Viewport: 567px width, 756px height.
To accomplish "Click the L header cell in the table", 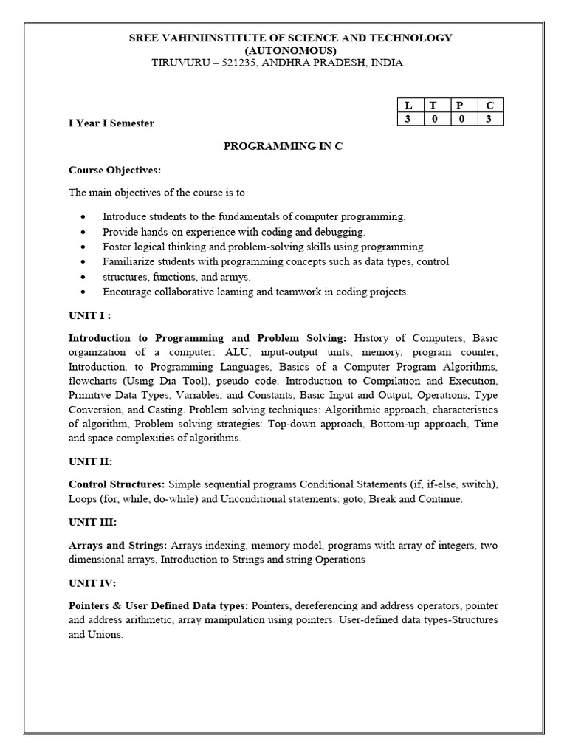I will [x=408, y=105].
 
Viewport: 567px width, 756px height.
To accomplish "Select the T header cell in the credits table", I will [x=433, y=105].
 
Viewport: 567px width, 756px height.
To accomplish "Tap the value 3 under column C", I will [x=488, y=119].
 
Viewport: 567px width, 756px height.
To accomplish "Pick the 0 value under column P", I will [x=461, y=119].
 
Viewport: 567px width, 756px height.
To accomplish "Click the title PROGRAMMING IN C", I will [x=283, y=146].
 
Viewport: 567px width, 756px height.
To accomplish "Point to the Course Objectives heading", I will [x=114, y=170].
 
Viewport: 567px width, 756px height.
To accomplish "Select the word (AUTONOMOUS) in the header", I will [x=283, y=50].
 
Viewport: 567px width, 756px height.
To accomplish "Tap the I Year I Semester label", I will [x=111, y=123].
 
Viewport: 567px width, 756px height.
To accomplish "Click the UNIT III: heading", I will [x=92, y=522].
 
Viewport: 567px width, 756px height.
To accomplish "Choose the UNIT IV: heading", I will [x=92, y=583].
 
